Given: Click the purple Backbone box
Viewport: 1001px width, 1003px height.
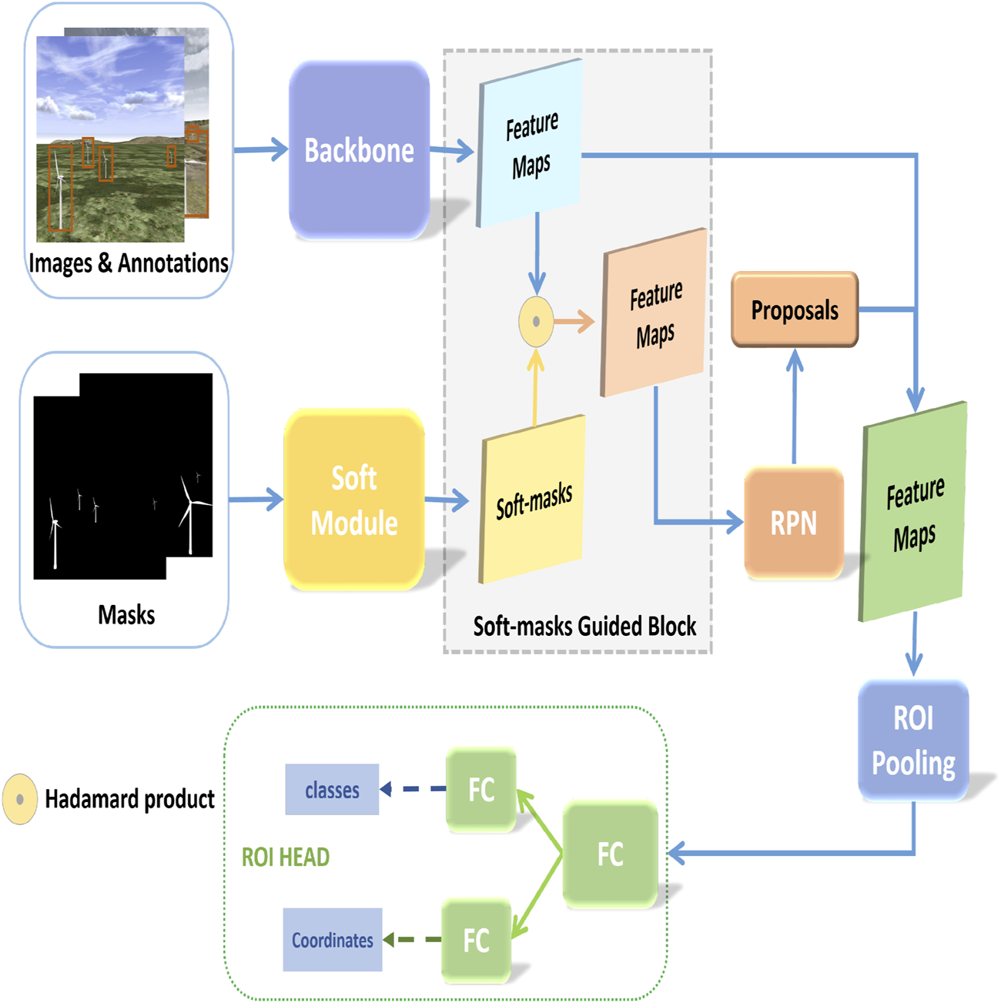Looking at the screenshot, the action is point(360,150).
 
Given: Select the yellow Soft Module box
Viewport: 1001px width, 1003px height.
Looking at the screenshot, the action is point(354,500).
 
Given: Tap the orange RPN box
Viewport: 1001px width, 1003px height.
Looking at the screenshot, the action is point(794,523).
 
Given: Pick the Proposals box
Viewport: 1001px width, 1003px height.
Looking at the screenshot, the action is point(795,309).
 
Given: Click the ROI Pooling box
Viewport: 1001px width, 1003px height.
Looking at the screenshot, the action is point(913,741).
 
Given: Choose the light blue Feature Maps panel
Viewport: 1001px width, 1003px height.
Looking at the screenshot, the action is point(529,143).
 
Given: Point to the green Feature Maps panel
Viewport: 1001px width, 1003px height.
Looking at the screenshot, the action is point(913,512).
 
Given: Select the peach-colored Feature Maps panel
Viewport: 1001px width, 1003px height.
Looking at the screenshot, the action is point(654,313).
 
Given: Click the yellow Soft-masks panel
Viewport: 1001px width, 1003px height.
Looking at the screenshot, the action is point(532,500).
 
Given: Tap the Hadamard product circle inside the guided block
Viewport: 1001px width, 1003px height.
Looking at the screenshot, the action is point(536,322).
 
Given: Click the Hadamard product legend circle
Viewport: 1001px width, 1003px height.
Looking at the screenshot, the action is point(20,799).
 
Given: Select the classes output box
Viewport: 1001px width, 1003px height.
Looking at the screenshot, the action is point(333,789).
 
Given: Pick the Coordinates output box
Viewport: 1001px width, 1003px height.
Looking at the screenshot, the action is point(333,940).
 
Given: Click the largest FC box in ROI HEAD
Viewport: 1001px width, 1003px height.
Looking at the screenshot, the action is point(611,854).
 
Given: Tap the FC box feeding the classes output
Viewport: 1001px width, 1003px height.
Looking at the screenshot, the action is point(481,789).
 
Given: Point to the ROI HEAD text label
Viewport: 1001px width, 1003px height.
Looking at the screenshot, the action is point(286,857).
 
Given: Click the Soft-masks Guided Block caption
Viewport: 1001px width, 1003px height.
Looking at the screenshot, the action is point(584,626).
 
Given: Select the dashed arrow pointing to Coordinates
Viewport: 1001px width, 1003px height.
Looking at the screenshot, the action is point(412,940).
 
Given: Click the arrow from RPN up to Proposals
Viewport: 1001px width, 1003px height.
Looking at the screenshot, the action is point(794,406).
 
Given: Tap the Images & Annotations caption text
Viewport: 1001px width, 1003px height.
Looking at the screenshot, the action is point(129,262).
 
